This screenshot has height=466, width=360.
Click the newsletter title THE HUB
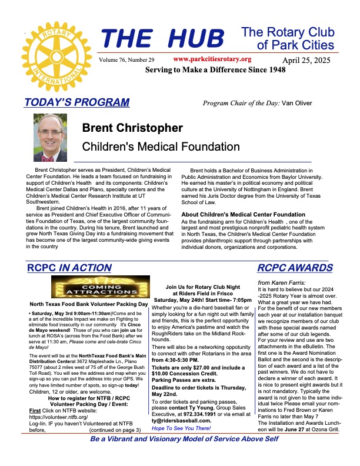click(x=163, y=39)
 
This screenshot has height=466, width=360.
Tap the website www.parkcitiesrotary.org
click(x=212, y=59)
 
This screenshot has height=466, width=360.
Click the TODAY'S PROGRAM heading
click(x=77, y=102)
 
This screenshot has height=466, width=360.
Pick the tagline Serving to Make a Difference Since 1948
click(x=215, y=70)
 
